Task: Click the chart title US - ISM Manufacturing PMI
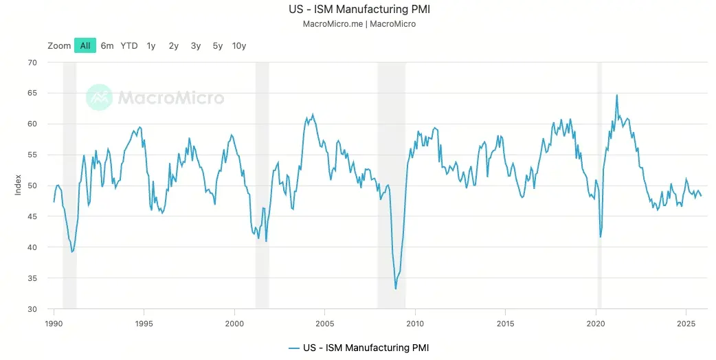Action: pos(359,10)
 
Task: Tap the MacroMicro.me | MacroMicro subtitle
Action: pos(359,23)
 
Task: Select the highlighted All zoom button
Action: pos(85,45)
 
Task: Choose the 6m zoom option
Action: pos(107,45)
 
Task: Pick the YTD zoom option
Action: pos(129,45)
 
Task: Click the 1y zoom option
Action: pos(151,45)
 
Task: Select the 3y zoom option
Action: pos(196,45)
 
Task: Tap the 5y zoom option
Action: pos(218,45)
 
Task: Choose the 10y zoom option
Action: pos(239,45)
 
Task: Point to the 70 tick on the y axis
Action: pos(32,63)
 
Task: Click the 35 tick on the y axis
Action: pos(32,278)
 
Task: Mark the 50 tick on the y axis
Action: pos(32,185)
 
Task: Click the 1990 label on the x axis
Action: pos(54,323)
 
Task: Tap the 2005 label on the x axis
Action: pos(324,323)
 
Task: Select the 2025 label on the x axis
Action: pos(685,323)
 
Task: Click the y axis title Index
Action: pos(19,185)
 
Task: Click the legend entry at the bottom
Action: pos(359,348)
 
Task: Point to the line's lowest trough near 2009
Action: pos(396,289)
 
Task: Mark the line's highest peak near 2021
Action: pos(616,95)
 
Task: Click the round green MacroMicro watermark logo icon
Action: pos(99,98)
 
